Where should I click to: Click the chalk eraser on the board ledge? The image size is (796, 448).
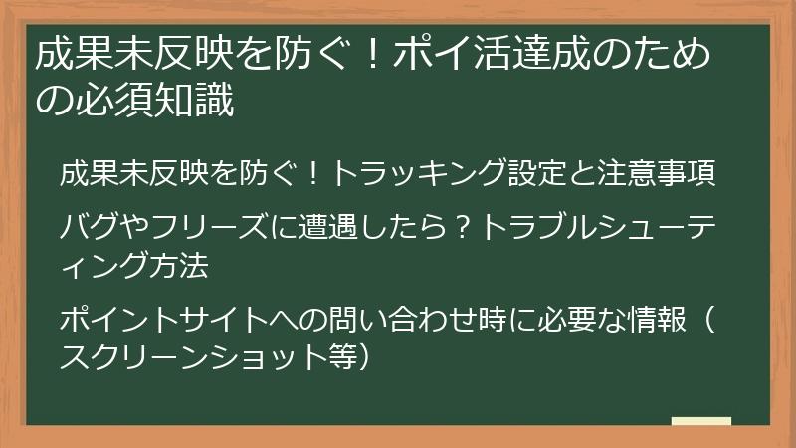pyautogui.click(x=701, y=422)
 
